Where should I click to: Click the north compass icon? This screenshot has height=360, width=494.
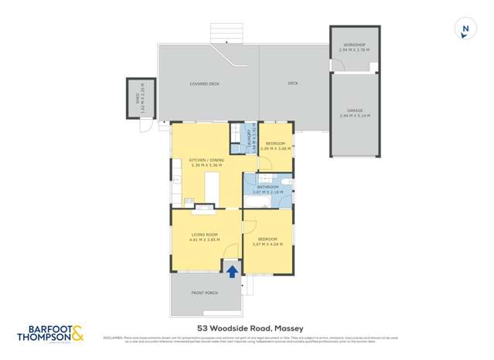465,29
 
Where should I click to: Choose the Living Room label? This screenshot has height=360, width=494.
205,234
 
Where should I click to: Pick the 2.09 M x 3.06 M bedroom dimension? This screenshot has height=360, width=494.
276,148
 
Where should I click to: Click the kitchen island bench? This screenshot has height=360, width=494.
211,188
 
